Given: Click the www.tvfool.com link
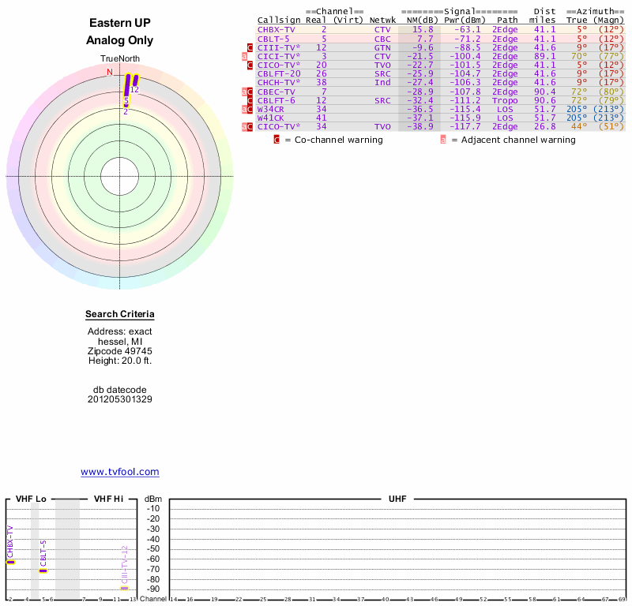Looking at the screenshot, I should tap(120, 472).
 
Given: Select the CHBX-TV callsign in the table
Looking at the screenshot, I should tap(276, 29).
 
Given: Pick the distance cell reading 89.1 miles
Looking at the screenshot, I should tap(544, 56).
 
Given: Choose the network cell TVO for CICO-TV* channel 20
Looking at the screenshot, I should tap(382, 65).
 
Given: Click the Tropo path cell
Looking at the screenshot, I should tap(505, 100).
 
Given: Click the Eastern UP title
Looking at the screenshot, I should tap(120, 24).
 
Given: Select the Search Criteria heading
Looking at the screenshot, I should tap(120, 315).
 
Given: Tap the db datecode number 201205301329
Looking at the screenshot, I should tap(120, 399).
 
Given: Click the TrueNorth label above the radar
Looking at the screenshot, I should tap(120, 59).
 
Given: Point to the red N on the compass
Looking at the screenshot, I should tap(110, 73).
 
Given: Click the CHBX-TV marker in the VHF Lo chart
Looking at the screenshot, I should tap(11, 561).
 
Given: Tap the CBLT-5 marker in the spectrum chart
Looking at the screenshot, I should tap(43, 570).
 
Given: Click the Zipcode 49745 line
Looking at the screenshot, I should tap(120, 350).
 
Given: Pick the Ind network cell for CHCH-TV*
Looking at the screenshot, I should tap(382, 83).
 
